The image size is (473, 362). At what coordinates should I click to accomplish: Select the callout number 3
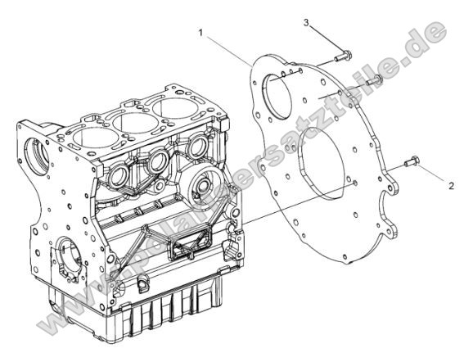coord(306,22)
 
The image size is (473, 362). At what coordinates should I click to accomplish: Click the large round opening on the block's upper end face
coord(39,154)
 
